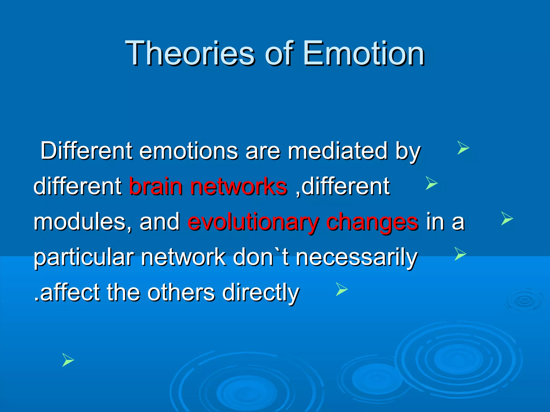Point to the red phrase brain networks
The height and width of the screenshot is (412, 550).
pos(208,186)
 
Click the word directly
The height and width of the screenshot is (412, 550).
pos(260,292)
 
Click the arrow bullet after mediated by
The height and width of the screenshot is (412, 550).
pos(463,148)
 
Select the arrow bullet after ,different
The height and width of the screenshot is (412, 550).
pos(431,183)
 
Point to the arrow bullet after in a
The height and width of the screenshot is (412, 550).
pos(507,218)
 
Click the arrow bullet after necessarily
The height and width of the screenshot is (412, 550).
pos(460,254)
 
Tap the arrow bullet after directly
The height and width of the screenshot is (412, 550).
pos(342,289)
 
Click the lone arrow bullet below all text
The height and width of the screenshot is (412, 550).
pos(68,360)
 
